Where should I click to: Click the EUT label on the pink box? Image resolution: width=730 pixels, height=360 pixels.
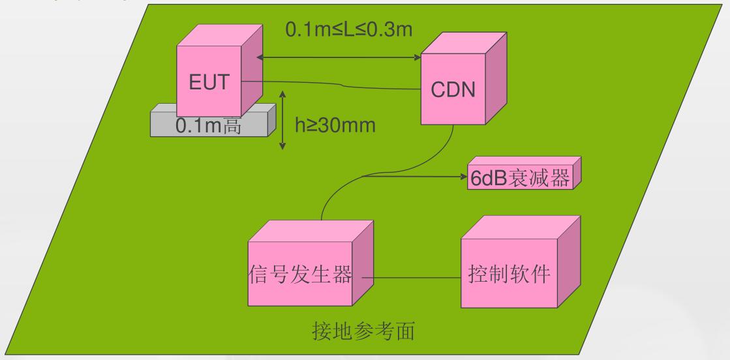pos(209,83)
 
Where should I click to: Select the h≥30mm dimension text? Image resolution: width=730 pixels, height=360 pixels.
pos(335,125)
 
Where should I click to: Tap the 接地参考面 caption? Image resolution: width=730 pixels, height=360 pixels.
pos(369,332)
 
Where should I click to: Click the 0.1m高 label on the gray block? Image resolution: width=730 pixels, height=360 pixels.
pos(209,126)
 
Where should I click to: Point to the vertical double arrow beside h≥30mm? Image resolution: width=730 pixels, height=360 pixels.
pos(282,120)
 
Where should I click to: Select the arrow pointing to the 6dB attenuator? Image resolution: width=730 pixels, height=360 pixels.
pos(418,175)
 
